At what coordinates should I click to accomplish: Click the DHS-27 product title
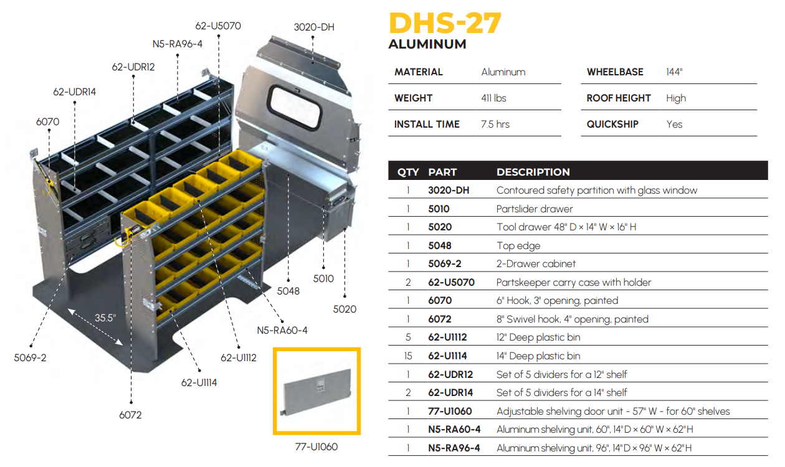pos(445,23)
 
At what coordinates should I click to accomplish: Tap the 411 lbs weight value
pos(493,98)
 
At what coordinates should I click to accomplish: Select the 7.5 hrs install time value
pos(495,124)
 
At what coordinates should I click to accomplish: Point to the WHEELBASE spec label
pos(615,72)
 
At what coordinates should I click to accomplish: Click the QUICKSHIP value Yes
pos(674,124)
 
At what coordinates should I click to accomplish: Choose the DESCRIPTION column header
pos(533,172)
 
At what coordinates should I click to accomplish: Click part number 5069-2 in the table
pos(444,263)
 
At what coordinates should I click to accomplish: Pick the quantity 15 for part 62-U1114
pos(408,356)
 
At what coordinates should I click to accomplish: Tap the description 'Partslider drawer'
pos(535,209)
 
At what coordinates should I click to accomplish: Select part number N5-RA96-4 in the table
pos(454,448)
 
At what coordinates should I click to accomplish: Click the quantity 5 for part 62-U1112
pos(408,337)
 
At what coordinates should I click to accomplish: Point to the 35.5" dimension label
pos(105,318)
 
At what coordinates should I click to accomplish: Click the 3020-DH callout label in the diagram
pos(314,27)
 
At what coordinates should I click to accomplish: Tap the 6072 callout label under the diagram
pos(130,415)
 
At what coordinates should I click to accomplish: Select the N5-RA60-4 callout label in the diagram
pos(282,330)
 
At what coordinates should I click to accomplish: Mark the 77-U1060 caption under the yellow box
pos(316,446)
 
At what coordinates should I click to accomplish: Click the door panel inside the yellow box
pos(317,392)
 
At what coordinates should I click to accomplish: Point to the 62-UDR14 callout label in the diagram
pos(74,92)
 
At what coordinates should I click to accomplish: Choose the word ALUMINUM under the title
pos(427,44)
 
